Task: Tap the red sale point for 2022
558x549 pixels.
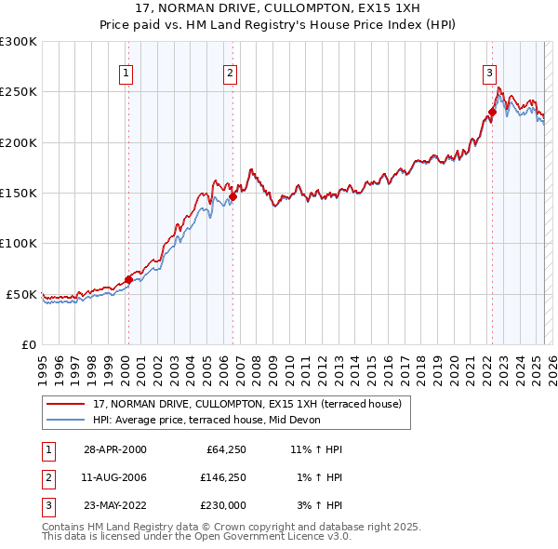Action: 492,113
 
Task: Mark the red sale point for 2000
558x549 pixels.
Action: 128,279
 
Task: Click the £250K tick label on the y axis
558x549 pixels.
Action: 19,92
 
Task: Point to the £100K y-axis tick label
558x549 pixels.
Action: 19,243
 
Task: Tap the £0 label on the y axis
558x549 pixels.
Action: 28,344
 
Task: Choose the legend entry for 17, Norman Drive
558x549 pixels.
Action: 246,404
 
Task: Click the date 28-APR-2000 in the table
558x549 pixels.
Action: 114,449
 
